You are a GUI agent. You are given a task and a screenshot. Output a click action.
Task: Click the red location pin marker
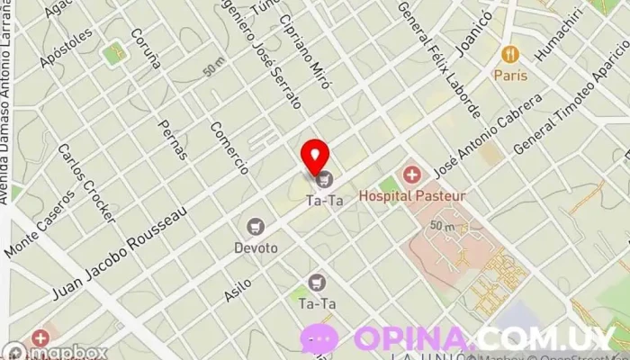[x=315, y=156]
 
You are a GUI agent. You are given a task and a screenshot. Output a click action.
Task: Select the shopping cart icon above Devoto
[x=256, y=226]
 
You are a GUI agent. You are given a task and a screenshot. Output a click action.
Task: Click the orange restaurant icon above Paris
[x=509, y=54]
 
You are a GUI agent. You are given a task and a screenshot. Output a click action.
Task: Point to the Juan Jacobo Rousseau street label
[x=121, y=253]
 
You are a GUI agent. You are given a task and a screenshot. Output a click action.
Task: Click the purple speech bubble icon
[x=321, y=339]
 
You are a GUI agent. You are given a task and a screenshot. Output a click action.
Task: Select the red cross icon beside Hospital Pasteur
[x=411, y=174]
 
